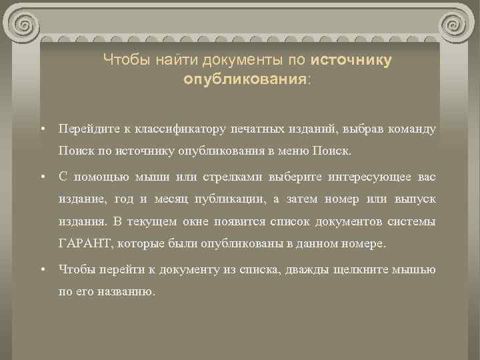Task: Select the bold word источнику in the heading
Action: tap(351, 61)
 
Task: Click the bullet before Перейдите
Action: tap(42, 128)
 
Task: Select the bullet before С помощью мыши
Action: tap(42, 176)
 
